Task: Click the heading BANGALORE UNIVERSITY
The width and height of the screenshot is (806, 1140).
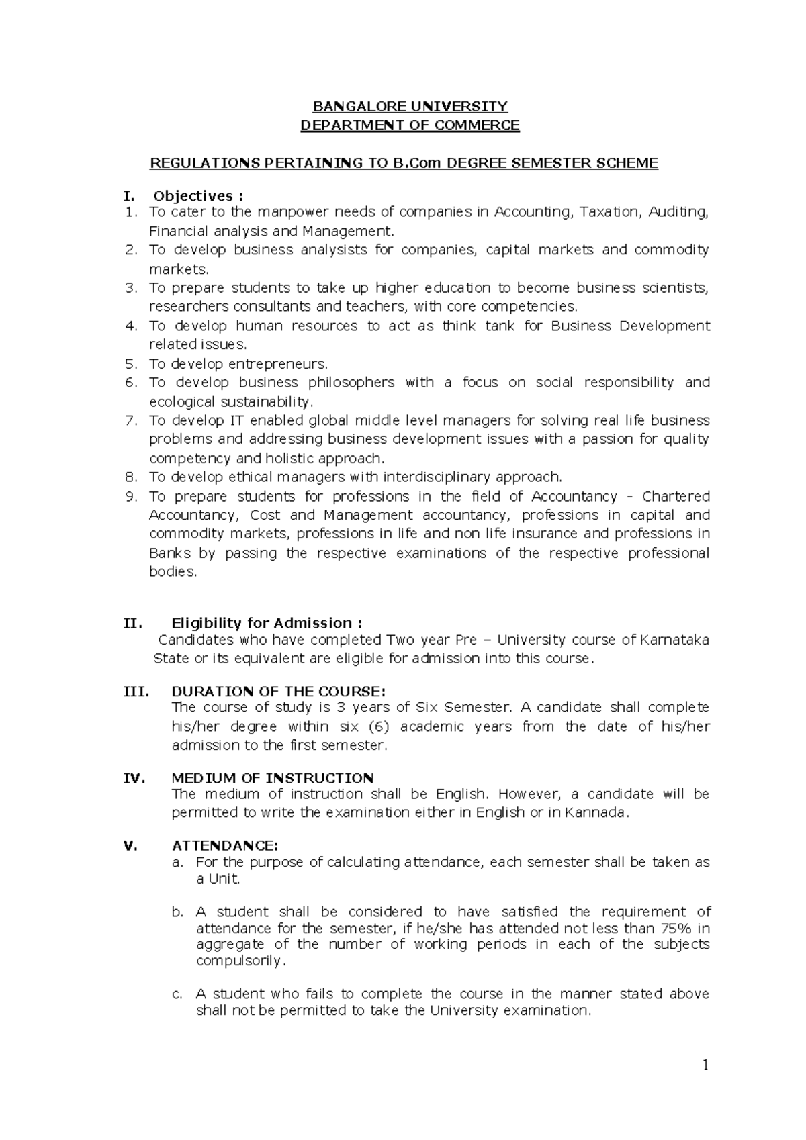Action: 411,106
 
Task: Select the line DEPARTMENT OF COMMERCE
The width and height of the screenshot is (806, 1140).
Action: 410,125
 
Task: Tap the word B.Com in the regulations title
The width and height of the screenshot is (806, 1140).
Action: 418,163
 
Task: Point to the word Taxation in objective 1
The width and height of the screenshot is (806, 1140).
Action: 610,212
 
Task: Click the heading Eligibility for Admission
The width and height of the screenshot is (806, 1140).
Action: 267,623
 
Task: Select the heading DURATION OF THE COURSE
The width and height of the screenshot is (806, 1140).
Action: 279,692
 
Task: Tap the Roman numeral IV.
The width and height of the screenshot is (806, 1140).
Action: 134,778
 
